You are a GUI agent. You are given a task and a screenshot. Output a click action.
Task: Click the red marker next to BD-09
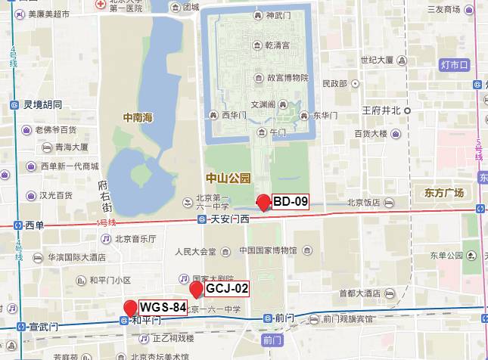263,202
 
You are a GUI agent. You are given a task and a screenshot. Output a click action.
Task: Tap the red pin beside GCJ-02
196,290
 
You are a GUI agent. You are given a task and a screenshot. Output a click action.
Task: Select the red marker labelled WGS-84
130,308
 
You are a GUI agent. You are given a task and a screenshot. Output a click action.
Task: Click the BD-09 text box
291,201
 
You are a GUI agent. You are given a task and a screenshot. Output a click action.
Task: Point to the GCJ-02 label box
227,288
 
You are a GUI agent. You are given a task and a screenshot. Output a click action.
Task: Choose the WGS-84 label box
163,306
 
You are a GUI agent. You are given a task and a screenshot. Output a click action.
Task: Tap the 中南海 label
138,117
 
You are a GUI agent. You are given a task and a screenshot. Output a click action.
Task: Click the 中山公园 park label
228,178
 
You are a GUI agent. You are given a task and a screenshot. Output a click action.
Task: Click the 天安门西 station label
226,219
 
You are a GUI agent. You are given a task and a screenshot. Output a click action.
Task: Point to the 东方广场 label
444,193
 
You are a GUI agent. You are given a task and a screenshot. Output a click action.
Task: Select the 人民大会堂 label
195,250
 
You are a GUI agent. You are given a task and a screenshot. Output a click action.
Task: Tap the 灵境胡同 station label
42,104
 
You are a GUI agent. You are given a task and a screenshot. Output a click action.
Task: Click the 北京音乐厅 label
135,239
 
